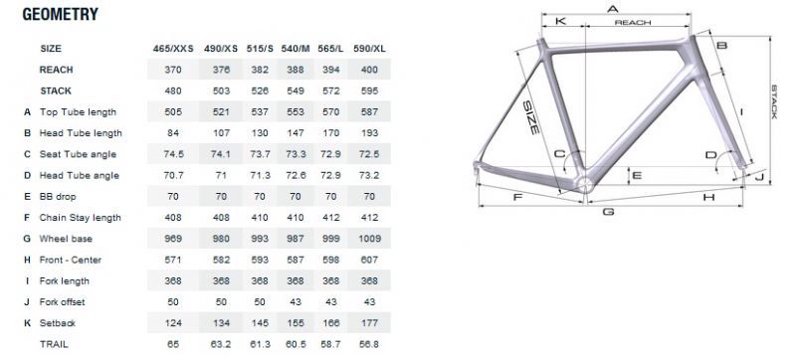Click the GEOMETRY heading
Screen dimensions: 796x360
[61, 14]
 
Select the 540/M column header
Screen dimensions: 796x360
[296, 49]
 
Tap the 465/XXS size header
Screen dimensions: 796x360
[173, 49]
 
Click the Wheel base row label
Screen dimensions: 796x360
[66, 239]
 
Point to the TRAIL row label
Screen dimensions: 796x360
[54, 344]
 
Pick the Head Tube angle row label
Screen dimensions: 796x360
[80, 175]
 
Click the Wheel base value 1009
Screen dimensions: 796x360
[369, 239]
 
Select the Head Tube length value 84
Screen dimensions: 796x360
[173, 133]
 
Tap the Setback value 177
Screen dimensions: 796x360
[369, 323]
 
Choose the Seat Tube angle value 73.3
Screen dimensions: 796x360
[296, 154]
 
